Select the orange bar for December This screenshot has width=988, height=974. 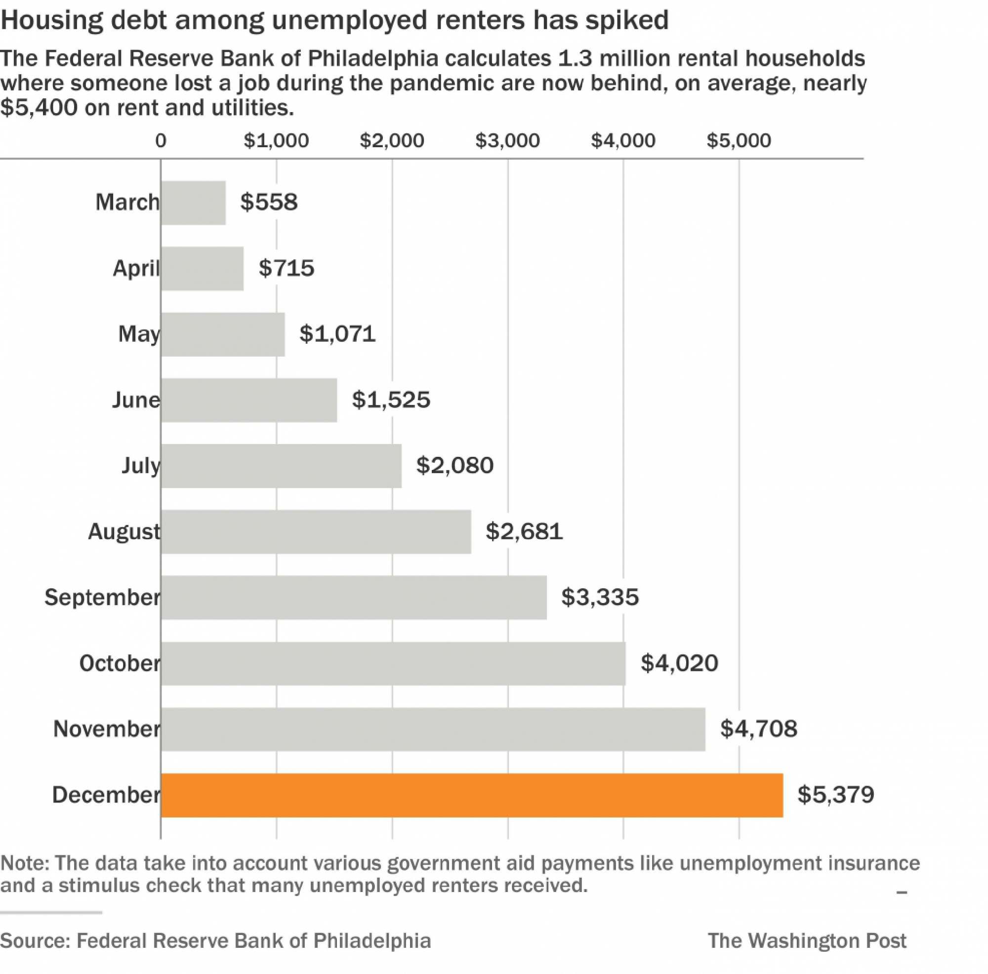pyautogui.click(x=471, y=795)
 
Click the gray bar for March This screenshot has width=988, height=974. pyautogui.click(x=193, y=203)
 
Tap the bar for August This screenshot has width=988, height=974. pyautogui.click(x=316, y=532)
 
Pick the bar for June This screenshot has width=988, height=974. pyautogui.click(x=248, y=400)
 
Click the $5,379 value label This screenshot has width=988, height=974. pyautogui.click(x=836, y=795)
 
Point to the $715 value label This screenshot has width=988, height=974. pyautogui.click(x=287, y=268)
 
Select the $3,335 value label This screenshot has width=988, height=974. pyautogui.click(x=600, y=597)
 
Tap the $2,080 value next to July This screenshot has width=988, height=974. pyautogui.click(x=454, y=465)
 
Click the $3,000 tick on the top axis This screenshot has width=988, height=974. pyautogui.click(x=507, y=141)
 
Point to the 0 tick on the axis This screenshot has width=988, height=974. pyautogui.click(x=161, y=141)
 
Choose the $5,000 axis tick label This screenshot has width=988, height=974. pyautogui.click(x=739, y=141)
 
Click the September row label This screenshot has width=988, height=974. pyautogui.click(x=102, y=597)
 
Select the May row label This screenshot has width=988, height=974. pyautogui.click(x=139, y=334)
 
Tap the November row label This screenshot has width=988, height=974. pyautogui.click(x=106, y=729)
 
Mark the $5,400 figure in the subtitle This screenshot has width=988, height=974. pyautogui.click(x=39, y=107)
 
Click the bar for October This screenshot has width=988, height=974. pyautogui.click(x=393, y=663)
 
